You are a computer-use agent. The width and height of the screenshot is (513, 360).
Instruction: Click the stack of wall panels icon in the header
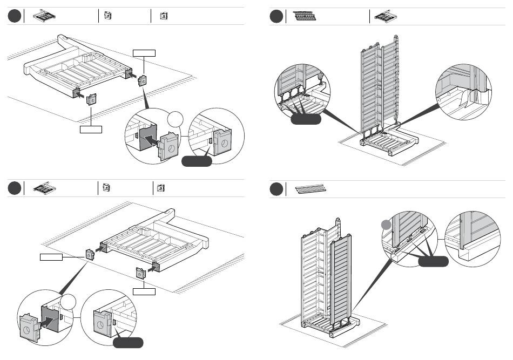304,16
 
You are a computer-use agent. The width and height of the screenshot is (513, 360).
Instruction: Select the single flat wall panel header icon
311,189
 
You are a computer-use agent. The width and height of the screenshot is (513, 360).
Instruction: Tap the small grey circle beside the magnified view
386,225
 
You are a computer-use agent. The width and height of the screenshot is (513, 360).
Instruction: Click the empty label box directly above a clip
145,53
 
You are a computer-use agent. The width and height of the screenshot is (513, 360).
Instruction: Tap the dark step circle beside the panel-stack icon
277,17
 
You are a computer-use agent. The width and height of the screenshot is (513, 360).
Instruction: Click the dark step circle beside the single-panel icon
277,189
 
